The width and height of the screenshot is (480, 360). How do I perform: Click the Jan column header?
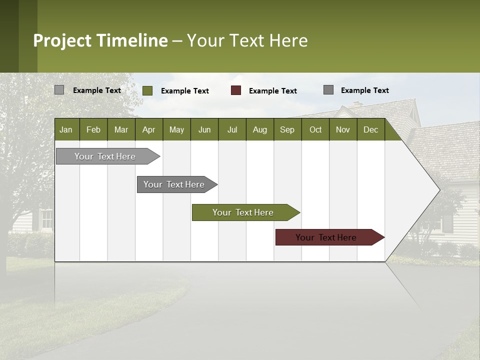[66, 129]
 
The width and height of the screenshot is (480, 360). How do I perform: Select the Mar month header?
[121, 129]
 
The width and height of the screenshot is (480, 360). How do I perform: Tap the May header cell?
[176, 129]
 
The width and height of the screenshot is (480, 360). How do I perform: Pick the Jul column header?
[232, 129]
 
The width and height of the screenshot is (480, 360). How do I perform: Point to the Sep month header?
[287, 129]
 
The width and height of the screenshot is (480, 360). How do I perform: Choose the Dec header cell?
[370, 129]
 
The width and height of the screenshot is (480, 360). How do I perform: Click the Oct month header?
[315, 129]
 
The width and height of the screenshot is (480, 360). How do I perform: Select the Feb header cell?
[93, 129]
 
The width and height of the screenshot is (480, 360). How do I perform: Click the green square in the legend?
[147, 90]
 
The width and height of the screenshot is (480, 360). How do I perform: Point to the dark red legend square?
[236, 90]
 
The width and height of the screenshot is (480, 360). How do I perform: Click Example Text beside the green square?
[185, 91]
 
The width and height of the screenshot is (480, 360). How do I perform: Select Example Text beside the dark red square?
[273, 91]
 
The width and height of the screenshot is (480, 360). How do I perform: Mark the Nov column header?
[343, 129]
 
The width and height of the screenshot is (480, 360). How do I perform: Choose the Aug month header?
[260, 129]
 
